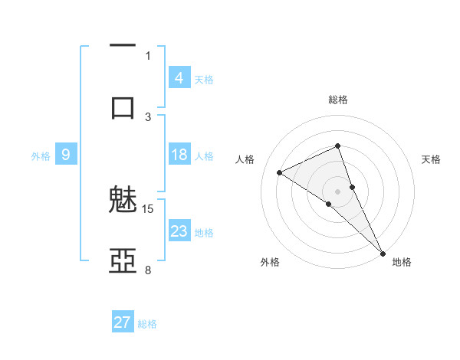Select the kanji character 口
tap(123, 107)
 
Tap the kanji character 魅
tap(123, 201)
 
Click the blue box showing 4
tap(179, 77)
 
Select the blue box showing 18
tap(179, 155)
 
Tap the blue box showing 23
tap(179, 231)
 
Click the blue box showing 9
tap(66, 155)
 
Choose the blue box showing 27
tap(123, 322)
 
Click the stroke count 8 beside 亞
tap(148, 270)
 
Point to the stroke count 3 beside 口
tap(148, 116)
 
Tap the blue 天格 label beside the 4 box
tap(204, 79)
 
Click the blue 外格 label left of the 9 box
tap(41, 155)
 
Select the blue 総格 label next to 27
tap(147, 324)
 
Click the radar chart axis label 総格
tap(338, 100)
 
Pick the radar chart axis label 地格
tap(402, 262)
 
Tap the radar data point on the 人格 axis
tap(280, 172)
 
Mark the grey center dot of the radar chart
tap(338, 191)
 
